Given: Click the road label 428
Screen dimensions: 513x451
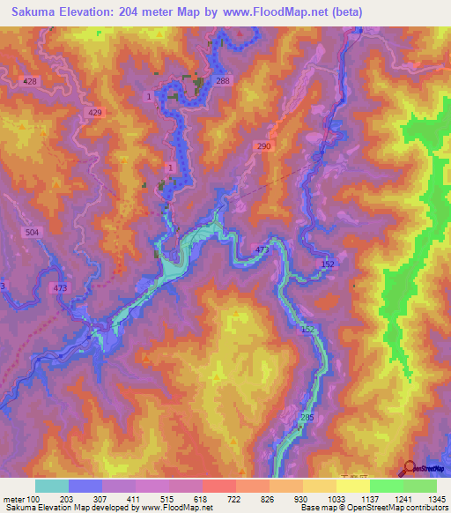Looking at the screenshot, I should [x=32, y=81].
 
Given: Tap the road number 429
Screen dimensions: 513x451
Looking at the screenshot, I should [x=95, y=113].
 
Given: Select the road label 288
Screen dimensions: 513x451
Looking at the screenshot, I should [x=222, y=81].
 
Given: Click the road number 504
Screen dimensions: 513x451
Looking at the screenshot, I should [x=32, y=231].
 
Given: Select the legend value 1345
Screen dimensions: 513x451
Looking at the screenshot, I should [x=437, y=499].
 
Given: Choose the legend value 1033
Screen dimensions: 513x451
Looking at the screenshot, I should [x=336, y=499].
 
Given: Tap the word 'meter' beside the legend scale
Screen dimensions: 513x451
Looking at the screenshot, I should [x=12, y=499].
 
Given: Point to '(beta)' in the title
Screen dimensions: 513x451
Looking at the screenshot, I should [x=344, y=12].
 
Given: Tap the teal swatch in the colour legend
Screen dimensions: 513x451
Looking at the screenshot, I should [x=52, y=486].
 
